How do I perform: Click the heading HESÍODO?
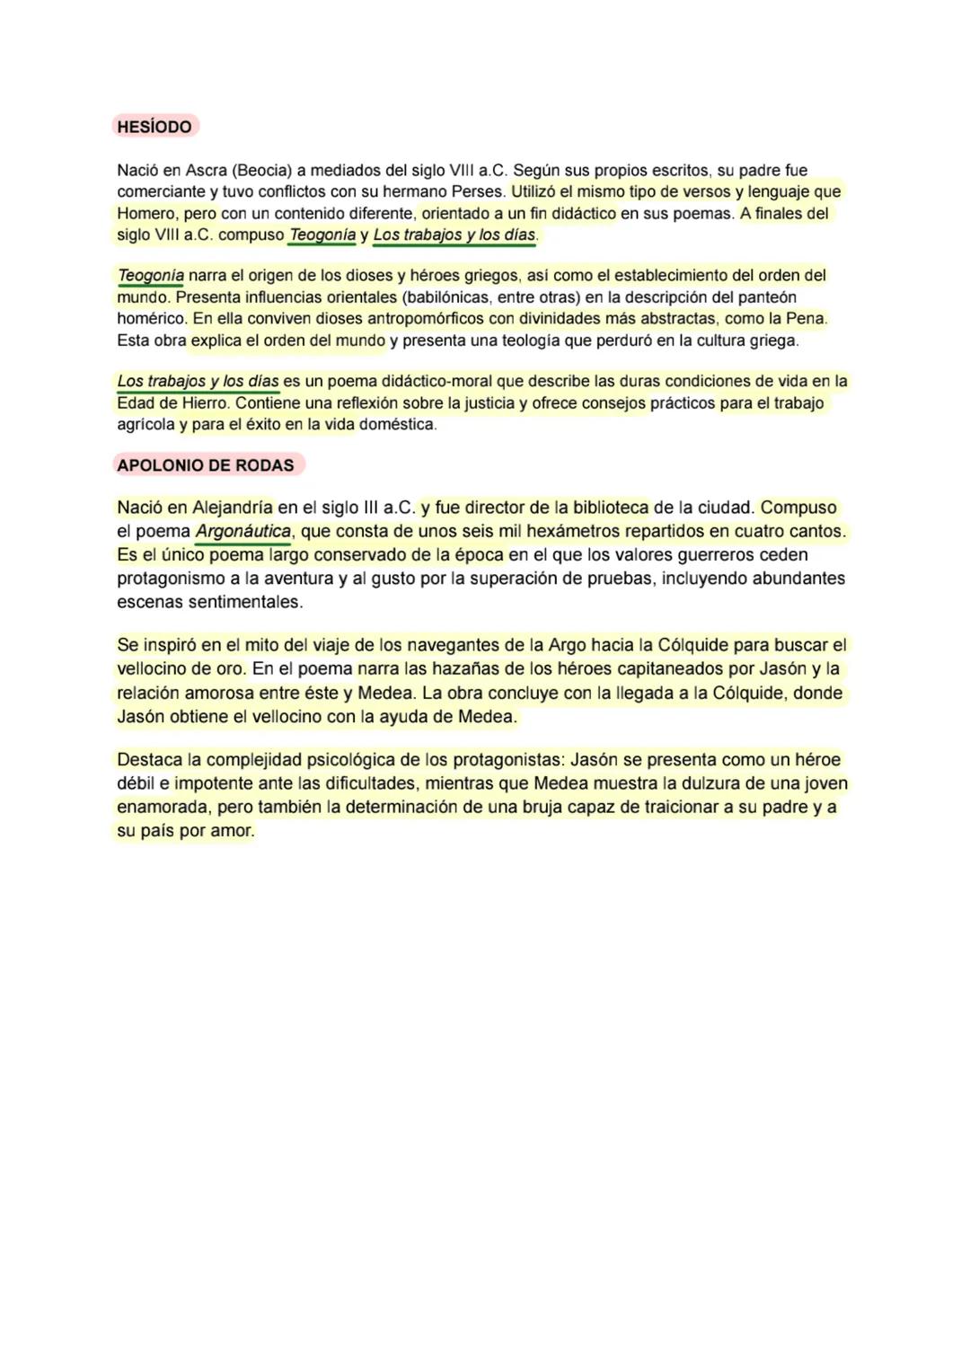click(154, 127)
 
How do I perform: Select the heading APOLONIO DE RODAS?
click(206, 465)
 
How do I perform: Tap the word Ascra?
click(206, 170)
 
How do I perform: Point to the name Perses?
click(479, 191)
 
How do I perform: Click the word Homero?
click(147, 214)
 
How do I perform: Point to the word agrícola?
click(146, 425)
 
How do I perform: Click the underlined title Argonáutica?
click(242, 531)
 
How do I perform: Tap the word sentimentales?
click(245, 602)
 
